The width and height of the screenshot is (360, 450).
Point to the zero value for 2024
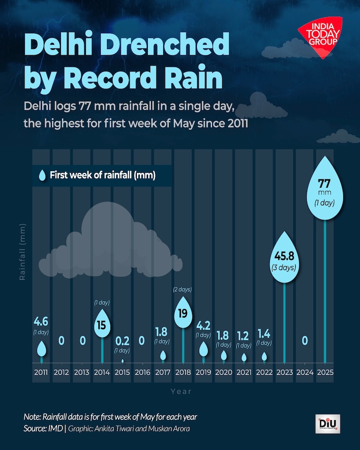[305, 341]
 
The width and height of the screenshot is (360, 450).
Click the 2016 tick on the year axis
[142, 372]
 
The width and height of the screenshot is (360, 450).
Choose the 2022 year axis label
[264, 372]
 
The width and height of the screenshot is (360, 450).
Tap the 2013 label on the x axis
[81, 372]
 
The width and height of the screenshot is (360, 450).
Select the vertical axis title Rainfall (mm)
[23, 252]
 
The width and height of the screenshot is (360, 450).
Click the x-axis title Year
[181, 391]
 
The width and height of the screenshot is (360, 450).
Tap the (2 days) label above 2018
[182, 290]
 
